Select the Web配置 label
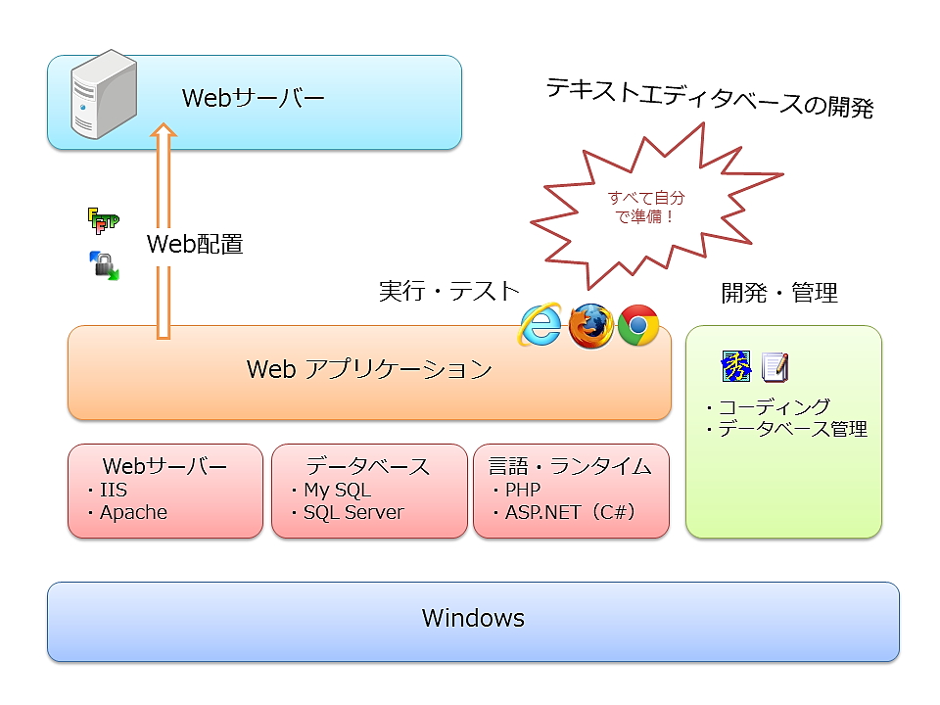click(195, 244)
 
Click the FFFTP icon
click(102, 221)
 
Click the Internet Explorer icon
click(540, 325)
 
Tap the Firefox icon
click(590, 325)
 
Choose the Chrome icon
click(638, 325)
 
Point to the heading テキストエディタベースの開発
click(709, 99)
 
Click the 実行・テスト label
click(448, 291)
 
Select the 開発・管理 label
click(779, 292)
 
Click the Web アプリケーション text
click(369, 370)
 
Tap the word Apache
click(133, 512)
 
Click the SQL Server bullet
click(352, 512)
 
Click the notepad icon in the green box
click(775, 367)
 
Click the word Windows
click(473, 618)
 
